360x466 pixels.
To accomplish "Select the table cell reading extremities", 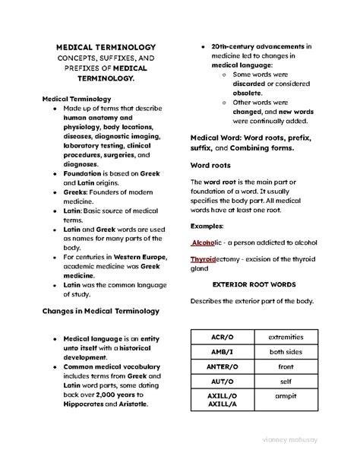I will pyautogui.click(x=285, y=336).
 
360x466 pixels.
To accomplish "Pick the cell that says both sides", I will pyautogui.click(x=285, y=351).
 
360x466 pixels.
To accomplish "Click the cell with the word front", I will pyautogui.click(x=285, y=367).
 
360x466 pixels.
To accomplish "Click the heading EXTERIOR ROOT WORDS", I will pyautogui.click(x=254, y=284).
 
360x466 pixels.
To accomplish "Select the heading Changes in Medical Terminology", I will pyautogui.click(x=100, y=311).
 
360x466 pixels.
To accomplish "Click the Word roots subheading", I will pyautogui.click(x=210, y=165).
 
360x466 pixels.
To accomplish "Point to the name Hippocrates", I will pyautogui.click(x=90, y=405).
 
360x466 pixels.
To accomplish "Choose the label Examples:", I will pyautogui.click(x=207, y=226).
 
